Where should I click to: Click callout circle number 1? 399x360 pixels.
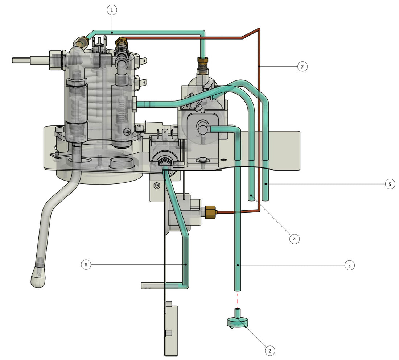[x=112, y=11]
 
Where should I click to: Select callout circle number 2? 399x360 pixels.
[x=270, y=351]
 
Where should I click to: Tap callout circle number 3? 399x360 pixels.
[x=349, y=266]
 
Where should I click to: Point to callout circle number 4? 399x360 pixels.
[x=295, y=239]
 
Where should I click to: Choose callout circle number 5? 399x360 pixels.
[x=390, y=184]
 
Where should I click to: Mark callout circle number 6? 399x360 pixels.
[x=86, y=265]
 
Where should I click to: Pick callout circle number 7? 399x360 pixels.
[x=302, y=66]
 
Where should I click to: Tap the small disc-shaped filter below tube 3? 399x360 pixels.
[x=237, y=321]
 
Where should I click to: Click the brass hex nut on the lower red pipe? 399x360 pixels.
[x=211, y=211]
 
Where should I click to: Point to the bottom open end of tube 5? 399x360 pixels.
[x=266, y=199]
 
